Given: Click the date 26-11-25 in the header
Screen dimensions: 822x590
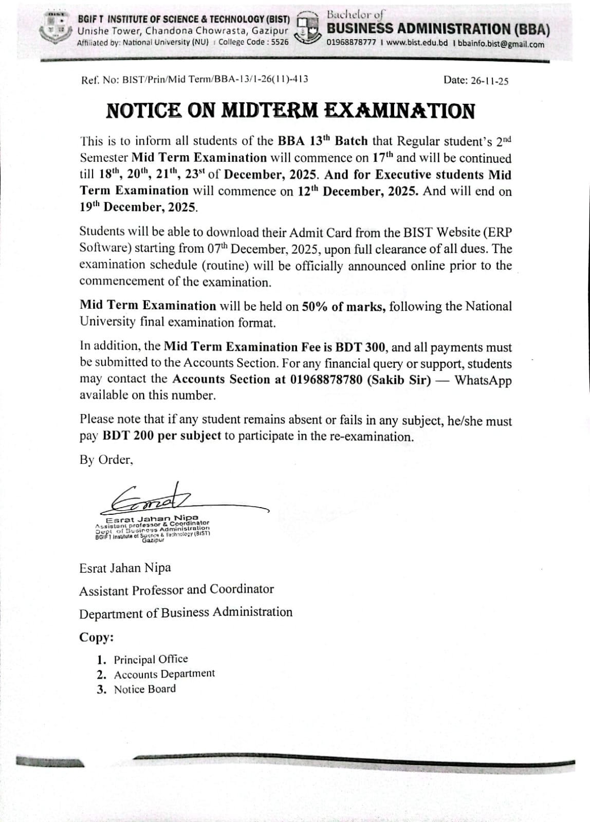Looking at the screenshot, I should (x=489, y=81).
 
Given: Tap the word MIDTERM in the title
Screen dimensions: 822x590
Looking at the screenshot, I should (x=269, y=111).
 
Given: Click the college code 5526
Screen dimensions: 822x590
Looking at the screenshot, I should (x=280, y=42).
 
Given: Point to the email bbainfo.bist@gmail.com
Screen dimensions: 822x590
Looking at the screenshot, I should (x=501, y=44).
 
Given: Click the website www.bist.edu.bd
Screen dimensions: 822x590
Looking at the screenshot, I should (x=417, y=43).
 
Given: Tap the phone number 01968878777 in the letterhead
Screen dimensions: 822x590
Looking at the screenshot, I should (x=352, y=43).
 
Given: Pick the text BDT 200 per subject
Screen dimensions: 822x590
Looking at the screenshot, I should (x=162, y=436).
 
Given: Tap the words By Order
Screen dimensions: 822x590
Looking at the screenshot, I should (x=106, y=460).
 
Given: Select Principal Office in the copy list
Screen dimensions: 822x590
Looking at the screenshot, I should (x=151, y=659).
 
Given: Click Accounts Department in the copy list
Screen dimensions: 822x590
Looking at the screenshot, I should (x=164, y=674).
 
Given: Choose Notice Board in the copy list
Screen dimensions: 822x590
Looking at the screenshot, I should (x=144, y=689).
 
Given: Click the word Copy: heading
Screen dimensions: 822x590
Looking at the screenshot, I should (x=96, y=638).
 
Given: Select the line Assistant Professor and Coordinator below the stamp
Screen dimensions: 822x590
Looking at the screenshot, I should (x=176, y=590).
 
